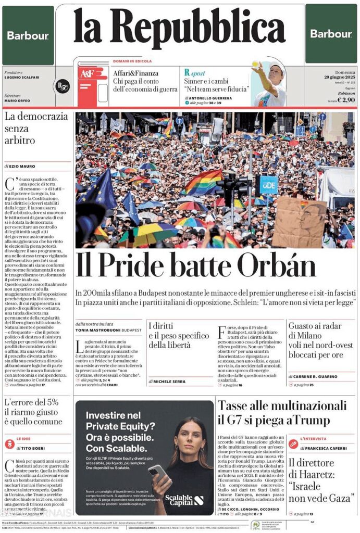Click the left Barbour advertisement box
tap(28, 35)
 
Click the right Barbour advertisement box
tap(331, 34)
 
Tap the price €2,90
tap(346, 100)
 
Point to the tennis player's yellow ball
tap(255, 64)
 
